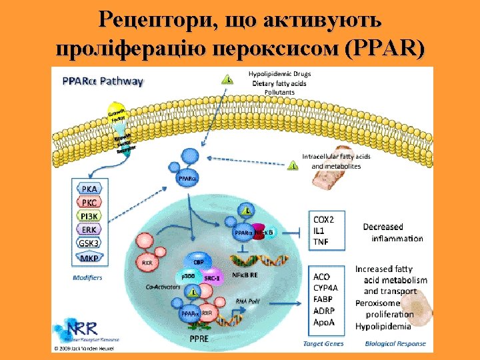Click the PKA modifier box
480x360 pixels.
(x=89, y=189)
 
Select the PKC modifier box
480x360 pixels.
(x=89, y=202)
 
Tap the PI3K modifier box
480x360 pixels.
(x=89, y=215)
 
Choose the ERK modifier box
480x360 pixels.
(x=89, y=229)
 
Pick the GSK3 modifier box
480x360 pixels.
(x=89, y=243)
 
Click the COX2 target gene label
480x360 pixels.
(x=324, y=219)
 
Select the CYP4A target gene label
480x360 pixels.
(x=326, y=287)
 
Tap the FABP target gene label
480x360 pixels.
(x=323, y=299)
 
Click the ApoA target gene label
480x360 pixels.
(x=323, y=322)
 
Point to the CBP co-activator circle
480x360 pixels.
(x=199, y=262)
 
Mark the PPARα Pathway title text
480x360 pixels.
(x=103, y=81)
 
